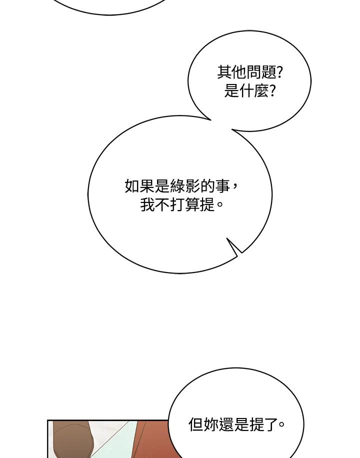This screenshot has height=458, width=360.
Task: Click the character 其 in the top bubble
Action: point(224,72)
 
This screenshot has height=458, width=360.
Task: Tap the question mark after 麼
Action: point(272,91)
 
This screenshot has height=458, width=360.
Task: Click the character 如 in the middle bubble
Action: point(132,186)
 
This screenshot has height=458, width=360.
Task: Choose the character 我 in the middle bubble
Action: point(147,205)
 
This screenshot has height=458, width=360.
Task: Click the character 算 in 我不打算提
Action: point(193,205)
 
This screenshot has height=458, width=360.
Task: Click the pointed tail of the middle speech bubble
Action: point(227,238)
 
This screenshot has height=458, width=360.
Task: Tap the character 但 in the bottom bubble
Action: point(196,424)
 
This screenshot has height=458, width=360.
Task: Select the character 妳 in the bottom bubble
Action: point(211,424)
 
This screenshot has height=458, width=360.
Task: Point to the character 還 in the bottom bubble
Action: point(226,424)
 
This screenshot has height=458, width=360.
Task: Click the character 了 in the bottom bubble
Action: point(272,424)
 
